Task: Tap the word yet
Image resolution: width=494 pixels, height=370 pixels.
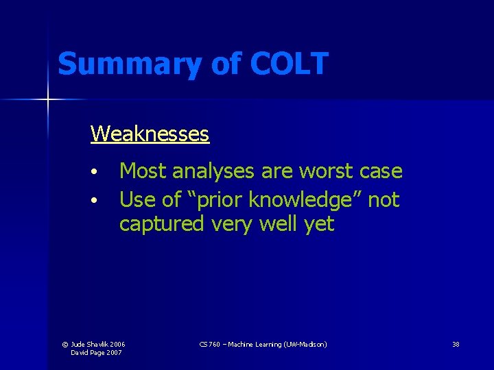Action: pos(319,224)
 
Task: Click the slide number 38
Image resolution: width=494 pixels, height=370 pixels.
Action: pos(456,344)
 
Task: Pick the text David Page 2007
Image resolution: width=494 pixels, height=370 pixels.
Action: pos(97,352)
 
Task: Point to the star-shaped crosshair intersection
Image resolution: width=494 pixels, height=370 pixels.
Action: pos(48,100)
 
